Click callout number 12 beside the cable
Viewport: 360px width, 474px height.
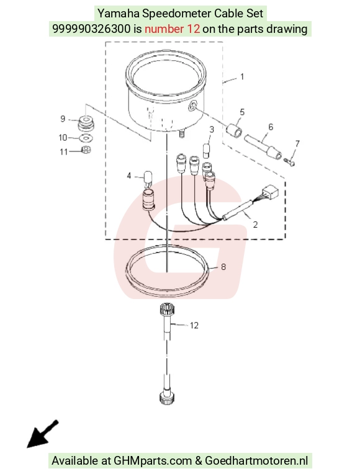(x=194, y=325)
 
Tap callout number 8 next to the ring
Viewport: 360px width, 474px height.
(x=223, y=267)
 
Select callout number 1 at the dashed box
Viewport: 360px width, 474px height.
(x=242, y=76)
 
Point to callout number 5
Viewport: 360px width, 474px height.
(x=242, y=112)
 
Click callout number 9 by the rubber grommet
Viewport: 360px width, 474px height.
(x=63, y=118)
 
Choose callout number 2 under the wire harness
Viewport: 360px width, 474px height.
(x=255, y=225)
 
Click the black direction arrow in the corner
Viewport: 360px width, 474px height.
(x=42, y=434)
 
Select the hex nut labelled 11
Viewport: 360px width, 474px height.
(x=87, y=150)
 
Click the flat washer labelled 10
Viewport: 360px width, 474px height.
(x=86, y=138)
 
